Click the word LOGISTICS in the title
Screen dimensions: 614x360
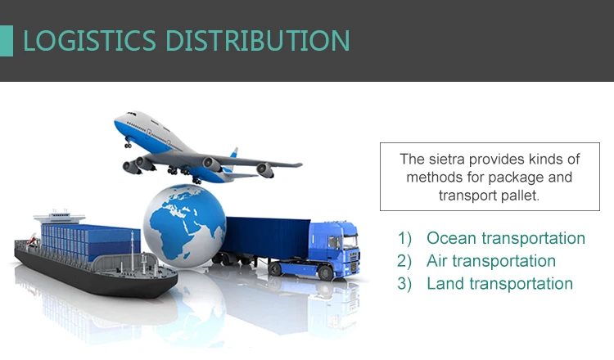pyautogui.click(x=90, y=40)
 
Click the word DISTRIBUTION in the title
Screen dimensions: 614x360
pyautogui.click(x=257, y=40)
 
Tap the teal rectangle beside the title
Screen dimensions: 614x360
pyautogui.click(x=7, y=41)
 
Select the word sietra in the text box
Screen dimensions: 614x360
pyautogui.click(x=446, y=160)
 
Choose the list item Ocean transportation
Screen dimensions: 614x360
pyautogui.click(x=506, y=238)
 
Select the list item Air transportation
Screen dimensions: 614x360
pyautogui.click(x=491, y=261)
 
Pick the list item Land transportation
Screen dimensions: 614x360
pyautogui.click(x=499, y=283)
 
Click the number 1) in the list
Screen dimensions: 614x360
pyautogui.click(x=404, y=238)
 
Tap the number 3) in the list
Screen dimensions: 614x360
pyautogui.click(x=404, y=284)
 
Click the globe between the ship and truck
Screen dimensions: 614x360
pyautogui.click(x=184, y=225)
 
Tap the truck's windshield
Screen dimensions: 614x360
pyautogui.click(x=350, y=241)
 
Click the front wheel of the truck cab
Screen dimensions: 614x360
pyautogui.click(x=325, y=272)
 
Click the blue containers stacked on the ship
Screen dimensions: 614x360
pyautogui.click(x=90, y=241)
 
